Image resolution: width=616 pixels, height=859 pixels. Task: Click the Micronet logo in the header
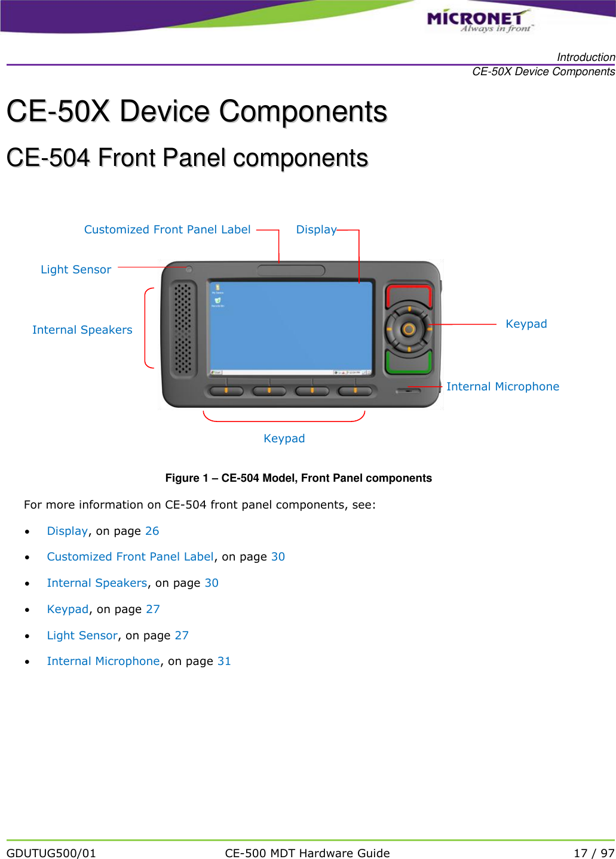point(479,20)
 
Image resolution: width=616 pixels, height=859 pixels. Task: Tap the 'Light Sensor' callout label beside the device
point(76,269)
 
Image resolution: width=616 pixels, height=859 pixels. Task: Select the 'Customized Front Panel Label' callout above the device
point(167,229)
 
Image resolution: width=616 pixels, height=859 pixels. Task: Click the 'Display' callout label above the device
point(316,229)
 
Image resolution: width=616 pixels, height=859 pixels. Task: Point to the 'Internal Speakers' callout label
point(82,330)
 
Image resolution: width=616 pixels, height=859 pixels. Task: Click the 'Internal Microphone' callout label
point(502,386)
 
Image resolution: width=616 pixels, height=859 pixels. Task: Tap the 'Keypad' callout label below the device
point(284,438)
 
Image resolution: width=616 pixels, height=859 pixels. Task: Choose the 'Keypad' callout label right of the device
point(526,324)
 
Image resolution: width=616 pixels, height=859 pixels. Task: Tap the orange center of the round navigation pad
point(409,329)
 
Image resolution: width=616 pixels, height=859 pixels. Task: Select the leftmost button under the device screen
point(226,391)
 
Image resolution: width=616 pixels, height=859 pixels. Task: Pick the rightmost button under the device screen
point(355,391)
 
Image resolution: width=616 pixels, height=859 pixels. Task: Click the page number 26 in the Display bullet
point(152,531)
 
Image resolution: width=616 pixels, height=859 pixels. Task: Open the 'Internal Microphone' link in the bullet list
point(103,661)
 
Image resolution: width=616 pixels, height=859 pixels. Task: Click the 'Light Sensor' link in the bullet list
point(82,635)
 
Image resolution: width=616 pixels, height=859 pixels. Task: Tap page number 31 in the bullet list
point(224,661)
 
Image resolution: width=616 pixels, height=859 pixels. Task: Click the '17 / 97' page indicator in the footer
point(593,853)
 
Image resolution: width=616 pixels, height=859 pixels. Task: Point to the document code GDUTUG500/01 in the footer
point(51,853)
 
